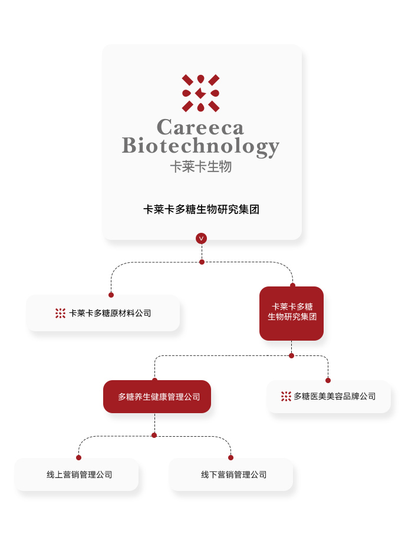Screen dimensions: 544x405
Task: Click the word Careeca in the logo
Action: (x=200, y=127)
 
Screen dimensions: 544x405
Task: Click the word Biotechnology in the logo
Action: (x=200, y=146)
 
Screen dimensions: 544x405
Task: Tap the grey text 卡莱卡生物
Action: (x=200, y=167)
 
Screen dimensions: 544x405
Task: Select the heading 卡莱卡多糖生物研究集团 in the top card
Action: (x=202, y=209)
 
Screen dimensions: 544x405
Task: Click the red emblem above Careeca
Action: (x=200, y=93)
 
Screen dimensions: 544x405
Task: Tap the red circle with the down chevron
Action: (x=202, y=238)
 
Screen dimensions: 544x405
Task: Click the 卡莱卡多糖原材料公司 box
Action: (x=104, y=313)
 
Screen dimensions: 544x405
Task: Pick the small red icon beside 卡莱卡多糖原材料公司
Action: (x=60, y=313)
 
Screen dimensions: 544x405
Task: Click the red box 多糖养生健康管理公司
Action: (x=157, y=397)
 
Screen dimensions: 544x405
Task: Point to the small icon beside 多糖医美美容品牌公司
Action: (x=286, y=396)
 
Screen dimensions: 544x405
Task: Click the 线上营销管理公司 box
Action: (x=77, y=474)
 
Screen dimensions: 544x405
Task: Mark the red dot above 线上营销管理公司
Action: (x=78, y=457)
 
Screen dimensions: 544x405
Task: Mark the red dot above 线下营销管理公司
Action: (x=231, y=457)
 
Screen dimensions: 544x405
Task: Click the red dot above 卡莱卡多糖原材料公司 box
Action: (x=111, y=295)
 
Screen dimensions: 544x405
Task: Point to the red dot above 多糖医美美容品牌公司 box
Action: (x=328, y=380)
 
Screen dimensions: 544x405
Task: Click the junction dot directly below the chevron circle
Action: (x=202, y=262)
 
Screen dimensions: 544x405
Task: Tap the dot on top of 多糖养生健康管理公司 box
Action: (x=154, y=380)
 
